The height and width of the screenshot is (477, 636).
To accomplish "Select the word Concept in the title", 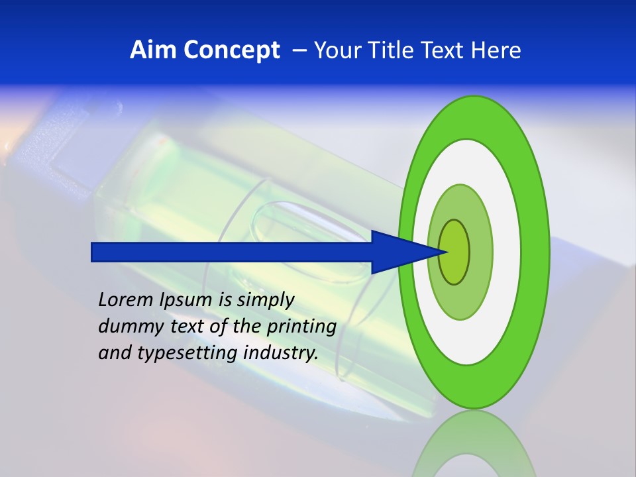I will pyautogui.click(x=232, y=51).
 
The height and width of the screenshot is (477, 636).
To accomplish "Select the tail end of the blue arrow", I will pyautogui.click(x=93, y=252).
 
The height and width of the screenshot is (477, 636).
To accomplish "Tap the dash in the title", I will pyautogui.click(x=299, y=50).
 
